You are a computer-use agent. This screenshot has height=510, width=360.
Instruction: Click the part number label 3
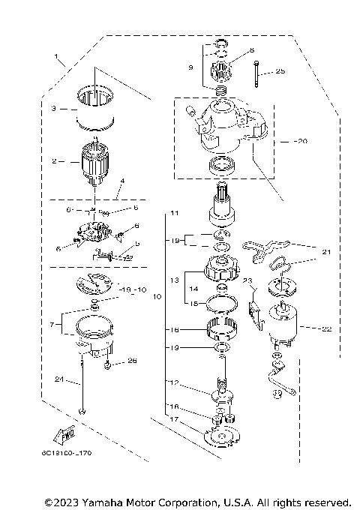54,108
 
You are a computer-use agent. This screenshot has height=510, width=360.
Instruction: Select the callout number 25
280,71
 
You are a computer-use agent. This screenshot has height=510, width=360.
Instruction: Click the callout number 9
190,67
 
